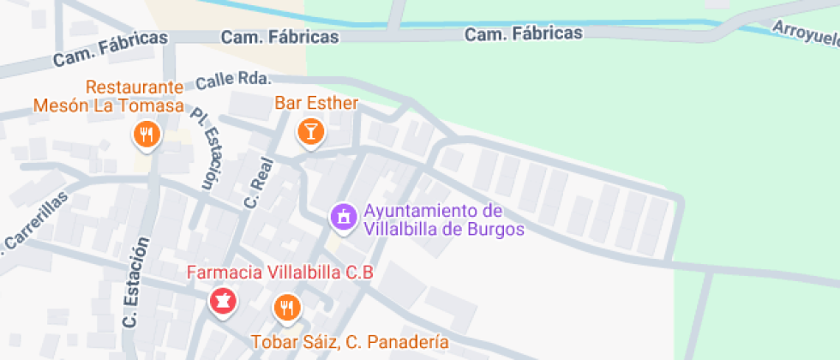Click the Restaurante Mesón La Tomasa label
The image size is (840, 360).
(x=109, y=97)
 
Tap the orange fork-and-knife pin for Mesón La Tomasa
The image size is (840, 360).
(x=147, y=134)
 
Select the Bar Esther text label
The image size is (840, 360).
(x=315, y=103)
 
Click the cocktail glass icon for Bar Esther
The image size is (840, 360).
(x=309, y=131)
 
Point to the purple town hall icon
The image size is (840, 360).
(x=343, y=216)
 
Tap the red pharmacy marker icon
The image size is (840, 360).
(x=222, y=301)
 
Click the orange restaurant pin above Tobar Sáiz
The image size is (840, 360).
(x=287, y=307)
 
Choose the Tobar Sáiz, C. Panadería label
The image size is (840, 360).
(x=349, y=342)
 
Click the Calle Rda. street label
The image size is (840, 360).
(x=233, y=81)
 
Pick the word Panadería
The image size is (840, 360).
(x=410, y=342)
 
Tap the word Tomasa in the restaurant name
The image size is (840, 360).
(x=155, y=105)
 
